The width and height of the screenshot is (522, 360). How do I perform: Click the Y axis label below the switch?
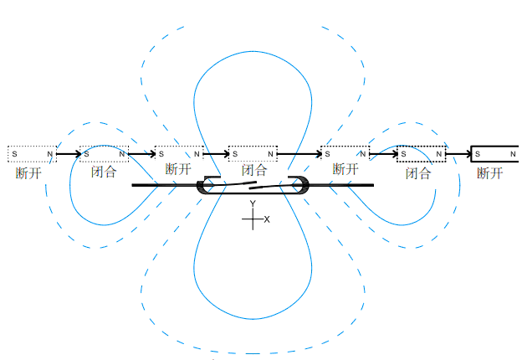click(252, 203)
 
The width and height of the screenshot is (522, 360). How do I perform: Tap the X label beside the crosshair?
click(267, 219)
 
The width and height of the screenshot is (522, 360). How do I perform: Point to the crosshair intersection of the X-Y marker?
click(253, 220)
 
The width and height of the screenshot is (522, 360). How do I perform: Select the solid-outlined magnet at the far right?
click(495, 154)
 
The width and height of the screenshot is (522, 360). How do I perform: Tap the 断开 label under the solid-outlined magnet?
click(490, 173)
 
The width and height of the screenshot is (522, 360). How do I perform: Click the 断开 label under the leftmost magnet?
click(28, 173)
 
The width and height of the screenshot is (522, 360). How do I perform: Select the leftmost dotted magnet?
click(32, 154)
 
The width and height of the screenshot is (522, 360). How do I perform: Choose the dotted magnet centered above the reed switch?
click(252, 154)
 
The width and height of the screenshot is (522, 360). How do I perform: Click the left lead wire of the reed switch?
click(164, 185)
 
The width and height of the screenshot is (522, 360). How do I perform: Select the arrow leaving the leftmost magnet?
click(69, 154)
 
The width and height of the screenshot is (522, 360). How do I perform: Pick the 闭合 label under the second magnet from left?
click(104, 173)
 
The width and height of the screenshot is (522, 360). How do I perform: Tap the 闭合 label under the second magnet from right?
click(418, 173)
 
